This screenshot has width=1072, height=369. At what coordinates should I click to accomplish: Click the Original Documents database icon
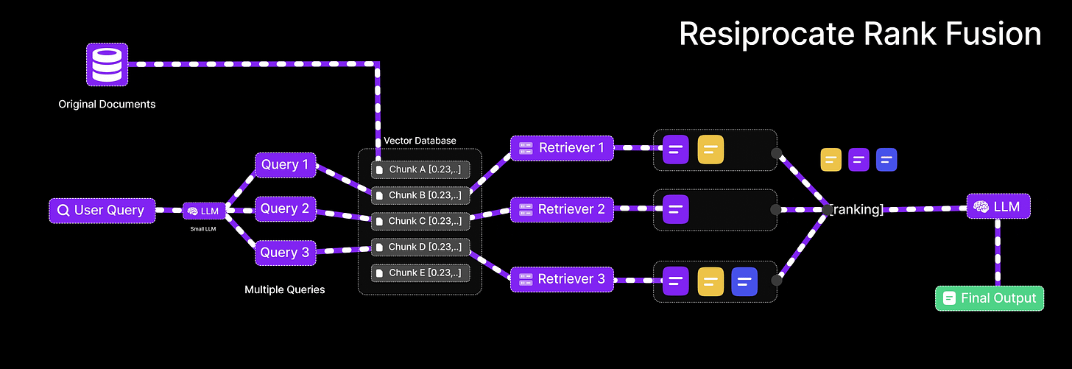[107, 63]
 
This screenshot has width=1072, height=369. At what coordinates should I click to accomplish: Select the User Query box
[102, 211]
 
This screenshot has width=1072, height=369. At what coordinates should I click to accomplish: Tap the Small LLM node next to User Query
[204, 211]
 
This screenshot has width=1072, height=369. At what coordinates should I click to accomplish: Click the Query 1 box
[286, 165]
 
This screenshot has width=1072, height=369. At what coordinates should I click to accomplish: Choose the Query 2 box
[286, 209]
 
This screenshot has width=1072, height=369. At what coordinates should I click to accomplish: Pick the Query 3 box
[286, 253]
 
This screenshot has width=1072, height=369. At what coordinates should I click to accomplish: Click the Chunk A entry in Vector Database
[420, 170]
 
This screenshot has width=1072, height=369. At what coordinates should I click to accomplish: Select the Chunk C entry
[420, 221]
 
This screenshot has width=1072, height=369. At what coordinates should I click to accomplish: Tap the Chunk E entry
[420, 273]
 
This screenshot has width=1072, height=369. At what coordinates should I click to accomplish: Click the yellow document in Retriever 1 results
[710, 150]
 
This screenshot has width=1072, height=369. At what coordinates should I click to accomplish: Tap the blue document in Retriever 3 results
[744, 281]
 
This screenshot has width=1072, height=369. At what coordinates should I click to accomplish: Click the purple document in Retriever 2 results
[675, 209]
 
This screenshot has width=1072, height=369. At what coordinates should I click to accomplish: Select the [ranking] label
[856, 210]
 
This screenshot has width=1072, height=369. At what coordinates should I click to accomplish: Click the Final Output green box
[989, 298]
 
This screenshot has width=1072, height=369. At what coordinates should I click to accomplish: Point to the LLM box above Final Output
[998, 207]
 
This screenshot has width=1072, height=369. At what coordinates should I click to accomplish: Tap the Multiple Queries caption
[284, 289]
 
